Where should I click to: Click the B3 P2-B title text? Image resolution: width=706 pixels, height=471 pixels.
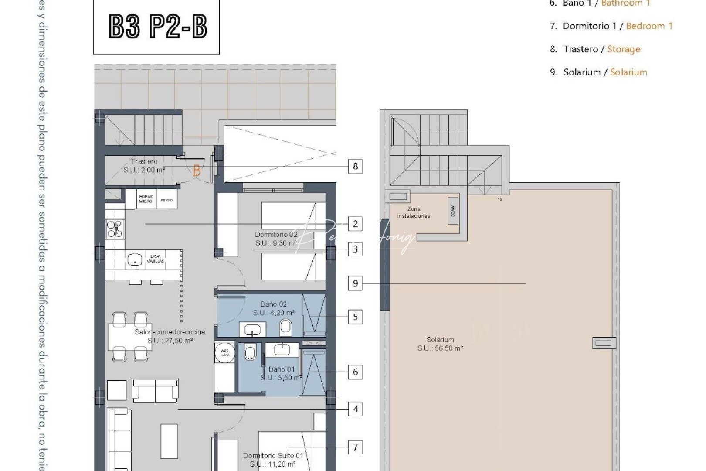(x=157, y=27)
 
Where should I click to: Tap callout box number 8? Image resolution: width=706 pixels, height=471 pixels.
(x=356, y=166)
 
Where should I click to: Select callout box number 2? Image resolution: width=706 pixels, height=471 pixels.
(x=356, y=224)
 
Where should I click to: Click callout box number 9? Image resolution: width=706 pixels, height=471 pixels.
(x=356, y=283)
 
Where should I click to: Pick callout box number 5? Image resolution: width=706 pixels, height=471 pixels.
(x=356, y=317)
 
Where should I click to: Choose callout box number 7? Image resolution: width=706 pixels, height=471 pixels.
(x=356, y=447)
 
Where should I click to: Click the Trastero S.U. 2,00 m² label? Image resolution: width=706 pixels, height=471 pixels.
(x=144, y=166)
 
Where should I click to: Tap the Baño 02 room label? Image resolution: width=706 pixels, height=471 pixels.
(x=274, y=308)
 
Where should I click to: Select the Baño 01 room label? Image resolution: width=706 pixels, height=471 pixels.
(x=282, y=373)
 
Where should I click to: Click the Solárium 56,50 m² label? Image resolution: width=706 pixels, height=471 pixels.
(x=440, y=344)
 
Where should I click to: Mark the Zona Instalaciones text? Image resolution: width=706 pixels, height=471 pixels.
(x=414, y=212)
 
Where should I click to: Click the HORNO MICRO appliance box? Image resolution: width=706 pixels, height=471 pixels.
(x=146, y=199)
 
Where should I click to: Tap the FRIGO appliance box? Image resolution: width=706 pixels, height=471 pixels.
(x=167, y=200)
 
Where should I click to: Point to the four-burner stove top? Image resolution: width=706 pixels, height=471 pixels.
(x=115, y=229)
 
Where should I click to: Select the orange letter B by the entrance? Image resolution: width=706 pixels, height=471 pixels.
(x=197, y=171)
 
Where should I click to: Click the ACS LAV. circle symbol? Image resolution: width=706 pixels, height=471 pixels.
(x=225, y=352)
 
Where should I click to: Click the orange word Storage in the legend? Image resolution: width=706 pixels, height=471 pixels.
(x=624, y=49)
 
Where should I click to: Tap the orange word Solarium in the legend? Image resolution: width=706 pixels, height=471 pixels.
(x=628, y=72)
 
